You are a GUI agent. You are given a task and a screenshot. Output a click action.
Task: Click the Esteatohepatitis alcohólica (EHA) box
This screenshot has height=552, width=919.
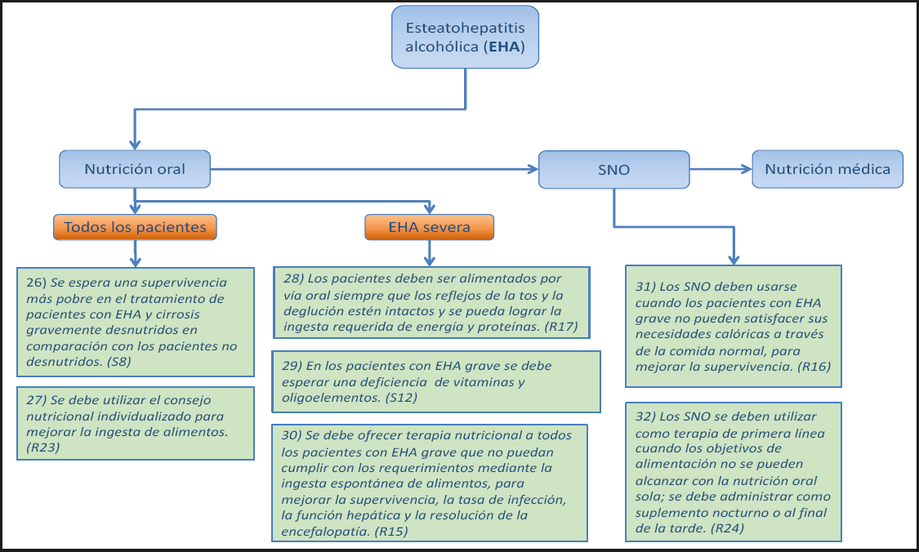point(465,37)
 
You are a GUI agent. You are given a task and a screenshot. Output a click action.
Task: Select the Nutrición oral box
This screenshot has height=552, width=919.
point(135,169)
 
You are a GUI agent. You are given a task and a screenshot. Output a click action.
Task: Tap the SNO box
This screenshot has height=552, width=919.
point(613,169)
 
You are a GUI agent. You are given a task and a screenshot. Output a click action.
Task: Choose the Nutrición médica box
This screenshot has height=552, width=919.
point(828,169)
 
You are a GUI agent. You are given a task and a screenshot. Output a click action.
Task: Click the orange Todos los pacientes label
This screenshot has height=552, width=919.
point(135,227)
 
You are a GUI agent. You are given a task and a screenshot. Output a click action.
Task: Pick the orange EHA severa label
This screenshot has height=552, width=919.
point(429,227)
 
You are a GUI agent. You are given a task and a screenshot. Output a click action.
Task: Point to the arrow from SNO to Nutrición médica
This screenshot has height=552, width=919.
point(720,169)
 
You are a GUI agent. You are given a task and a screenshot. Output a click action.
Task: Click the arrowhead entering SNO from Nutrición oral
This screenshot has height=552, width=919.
point(533,169)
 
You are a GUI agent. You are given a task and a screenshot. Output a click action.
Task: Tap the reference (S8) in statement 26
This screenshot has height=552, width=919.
point(119,362)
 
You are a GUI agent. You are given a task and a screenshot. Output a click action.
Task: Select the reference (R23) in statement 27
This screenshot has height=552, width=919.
point(42,447)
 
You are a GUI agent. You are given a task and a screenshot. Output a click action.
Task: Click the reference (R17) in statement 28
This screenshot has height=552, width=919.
point(561,327)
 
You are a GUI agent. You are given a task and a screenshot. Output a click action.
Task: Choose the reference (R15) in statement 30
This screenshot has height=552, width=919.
point(391,531)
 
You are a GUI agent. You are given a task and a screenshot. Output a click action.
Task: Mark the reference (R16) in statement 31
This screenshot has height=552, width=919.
point(814,367)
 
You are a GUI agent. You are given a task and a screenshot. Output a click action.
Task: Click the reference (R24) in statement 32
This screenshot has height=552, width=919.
point(727,528)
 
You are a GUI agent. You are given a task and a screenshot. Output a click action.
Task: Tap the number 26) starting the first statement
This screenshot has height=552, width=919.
point(36,283)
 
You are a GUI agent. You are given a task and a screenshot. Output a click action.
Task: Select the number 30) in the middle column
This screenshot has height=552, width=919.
point(292,434)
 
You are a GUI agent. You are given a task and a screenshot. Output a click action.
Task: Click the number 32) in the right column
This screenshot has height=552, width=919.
point(645,416)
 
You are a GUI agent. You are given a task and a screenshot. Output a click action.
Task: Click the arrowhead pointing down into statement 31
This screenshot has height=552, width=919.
point(734,260)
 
